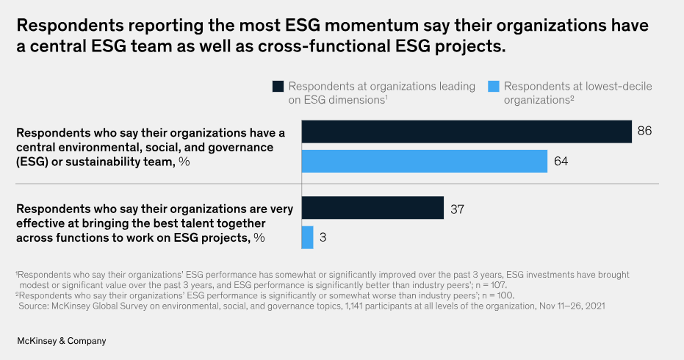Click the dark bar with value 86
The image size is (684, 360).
click(x=467, y=132)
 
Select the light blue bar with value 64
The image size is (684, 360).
click(x=425, y=161)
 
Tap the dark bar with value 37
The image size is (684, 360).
click(x=372, y=208)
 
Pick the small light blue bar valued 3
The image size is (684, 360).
click(x=307, y=237)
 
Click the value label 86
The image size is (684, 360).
click(x=645, y=132)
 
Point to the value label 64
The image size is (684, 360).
click(x=561, y=161)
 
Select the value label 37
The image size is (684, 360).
click(x=457, y=209)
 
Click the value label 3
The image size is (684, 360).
click(x=323, y=237)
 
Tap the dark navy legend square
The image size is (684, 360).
click(x=278, y=87)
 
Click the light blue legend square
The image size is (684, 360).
click(x=494, y=87)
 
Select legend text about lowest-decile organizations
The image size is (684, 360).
click(x=577, y=93)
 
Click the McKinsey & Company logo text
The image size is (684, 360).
click(x=62, y=341)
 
